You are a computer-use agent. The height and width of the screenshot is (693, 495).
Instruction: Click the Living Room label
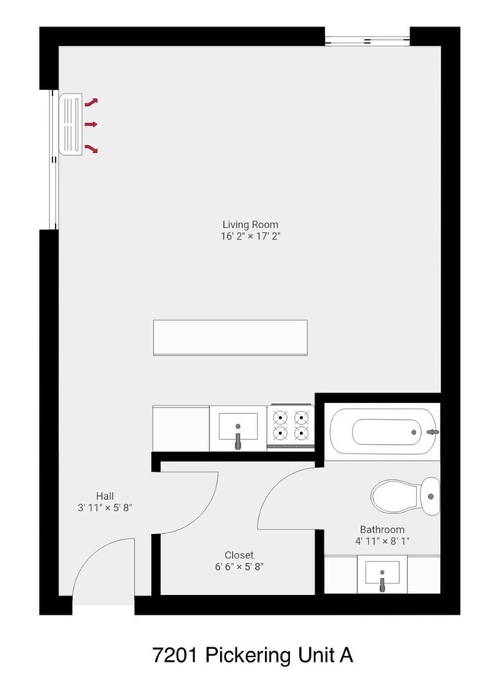click(x=251, y=224)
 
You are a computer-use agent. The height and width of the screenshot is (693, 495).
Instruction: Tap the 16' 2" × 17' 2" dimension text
click(x=251, y=237)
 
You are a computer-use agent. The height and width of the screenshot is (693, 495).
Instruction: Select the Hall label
click(x=105, y=496)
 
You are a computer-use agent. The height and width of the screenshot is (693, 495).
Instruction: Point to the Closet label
click(x=239, y=555)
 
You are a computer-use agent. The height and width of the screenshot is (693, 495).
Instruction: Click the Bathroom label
click(x=382, y=529)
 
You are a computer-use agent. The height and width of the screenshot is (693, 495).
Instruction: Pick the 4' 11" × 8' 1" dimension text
click(x=382, y=541)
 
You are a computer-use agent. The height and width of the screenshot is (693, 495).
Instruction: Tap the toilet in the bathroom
click(x=405, y=496)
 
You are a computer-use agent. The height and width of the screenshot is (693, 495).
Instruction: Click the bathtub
click(x=384, y=431)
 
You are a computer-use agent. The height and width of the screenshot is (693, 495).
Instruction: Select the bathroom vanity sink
click(x=382, y=574)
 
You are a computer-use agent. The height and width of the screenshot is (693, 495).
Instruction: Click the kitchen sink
click(x=238, y=428)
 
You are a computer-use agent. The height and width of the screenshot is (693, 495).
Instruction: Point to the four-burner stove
click(x=291, y=427)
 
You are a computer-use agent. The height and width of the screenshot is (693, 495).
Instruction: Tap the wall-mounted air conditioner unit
click(x=71, y=124)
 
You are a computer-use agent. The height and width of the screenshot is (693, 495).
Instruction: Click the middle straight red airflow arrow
click(x=91, y=125)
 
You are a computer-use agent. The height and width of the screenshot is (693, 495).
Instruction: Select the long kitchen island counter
click(x=230, y=338)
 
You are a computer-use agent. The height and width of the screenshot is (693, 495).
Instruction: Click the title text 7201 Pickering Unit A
click(x=253, y=655)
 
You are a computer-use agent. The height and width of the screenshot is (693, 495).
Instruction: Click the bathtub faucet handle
click(x=433, y=432)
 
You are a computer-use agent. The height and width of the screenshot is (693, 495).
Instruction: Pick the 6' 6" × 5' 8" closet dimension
click(x=239, y=567)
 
